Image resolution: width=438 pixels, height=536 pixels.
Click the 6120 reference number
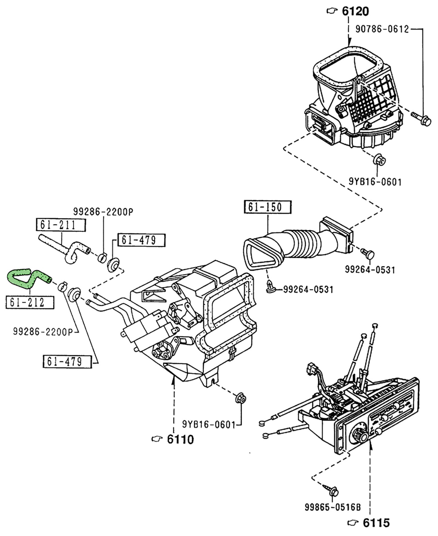pos(355,12)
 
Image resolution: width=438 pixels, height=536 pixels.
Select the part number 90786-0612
pos(382,29)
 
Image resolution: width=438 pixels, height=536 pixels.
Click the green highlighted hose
pos(29,277)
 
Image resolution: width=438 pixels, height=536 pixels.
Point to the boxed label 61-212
pos(29,302)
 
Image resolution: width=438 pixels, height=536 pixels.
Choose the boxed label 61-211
pos(61,225)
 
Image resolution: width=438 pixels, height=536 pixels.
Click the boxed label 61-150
pos(267,207)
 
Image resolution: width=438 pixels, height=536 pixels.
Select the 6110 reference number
pos(180,439)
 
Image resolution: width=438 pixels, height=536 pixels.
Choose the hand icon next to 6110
pos(157,439)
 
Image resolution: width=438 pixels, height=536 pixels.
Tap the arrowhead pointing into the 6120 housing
pos(349,43)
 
